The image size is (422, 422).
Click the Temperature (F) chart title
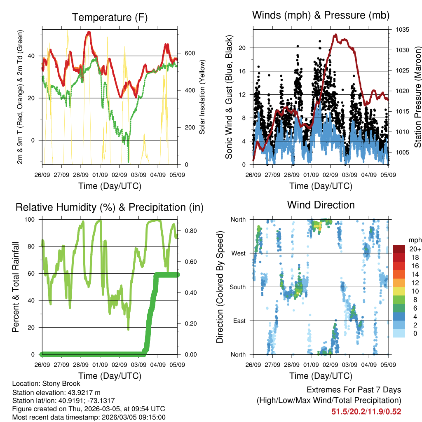pyautogui.click(x=110, y=17)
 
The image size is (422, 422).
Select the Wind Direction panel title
pyautogui.click(x=321, y=205)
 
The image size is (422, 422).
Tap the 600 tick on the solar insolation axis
pyautogui.click(x=190, y=53)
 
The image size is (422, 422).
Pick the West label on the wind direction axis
pyautogui.click(x=238, y=253)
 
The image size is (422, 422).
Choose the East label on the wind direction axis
pyautogui.click(x=239, y=321)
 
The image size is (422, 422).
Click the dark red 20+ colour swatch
pyautogui.click(x=399, y=249)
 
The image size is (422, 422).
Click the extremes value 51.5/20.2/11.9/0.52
pyautogui.click(x=366, y=411)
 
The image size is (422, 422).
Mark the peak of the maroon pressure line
pyautogui.click(x=335, y=35)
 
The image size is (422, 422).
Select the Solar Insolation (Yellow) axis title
pyautogui.click(x=202, y=97)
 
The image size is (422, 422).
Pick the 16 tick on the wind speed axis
pyautogui.click(x=243, y=71)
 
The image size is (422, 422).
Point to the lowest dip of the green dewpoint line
pyautogui.click(x=129, y=161)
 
